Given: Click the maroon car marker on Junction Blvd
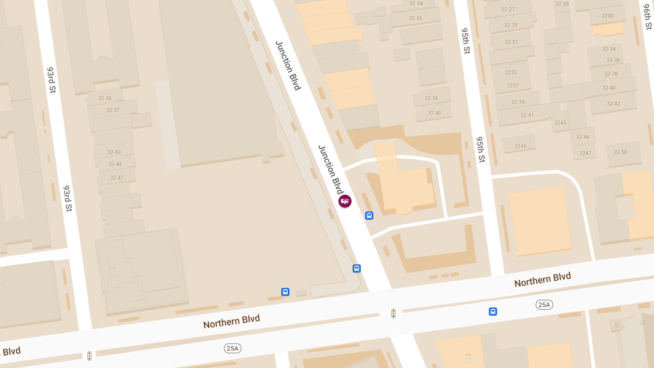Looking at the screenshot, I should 345,201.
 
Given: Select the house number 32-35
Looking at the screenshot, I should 105,98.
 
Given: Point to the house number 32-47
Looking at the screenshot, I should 117,178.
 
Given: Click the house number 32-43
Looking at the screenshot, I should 114,152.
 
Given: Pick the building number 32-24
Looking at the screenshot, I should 416,3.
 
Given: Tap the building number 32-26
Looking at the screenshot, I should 415,18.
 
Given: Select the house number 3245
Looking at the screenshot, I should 520,146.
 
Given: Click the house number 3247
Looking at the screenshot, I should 585,153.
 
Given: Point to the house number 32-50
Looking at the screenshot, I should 620,152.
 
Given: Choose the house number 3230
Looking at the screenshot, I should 608,16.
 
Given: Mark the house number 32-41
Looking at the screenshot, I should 527,115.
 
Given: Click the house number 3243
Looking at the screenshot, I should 560,123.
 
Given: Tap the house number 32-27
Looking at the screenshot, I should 508,9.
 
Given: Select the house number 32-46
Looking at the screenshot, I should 583,137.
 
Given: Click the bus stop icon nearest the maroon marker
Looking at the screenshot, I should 369,215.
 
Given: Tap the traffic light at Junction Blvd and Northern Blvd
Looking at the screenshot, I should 393,313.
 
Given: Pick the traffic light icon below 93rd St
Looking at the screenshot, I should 89,355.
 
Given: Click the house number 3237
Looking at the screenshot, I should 513,86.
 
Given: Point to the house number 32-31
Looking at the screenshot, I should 511,42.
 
